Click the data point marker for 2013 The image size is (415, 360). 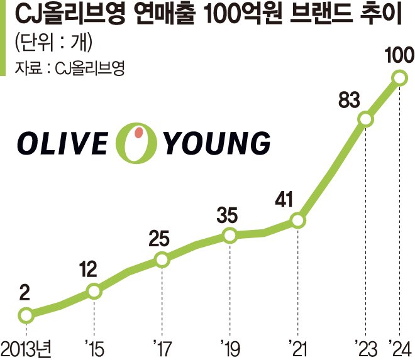pyautogui.click(x=26, y=315)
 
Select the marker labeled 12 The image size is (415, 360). pyautogui.click(x=94, y=291)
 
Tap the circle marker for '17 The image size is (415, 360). pyautogui.click(x=162, y=259)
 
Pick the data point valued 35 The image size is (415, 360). pyautogui.click(x=230, y=236)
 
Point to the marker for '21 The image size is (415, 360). pyautogui.click(x=298, y=221)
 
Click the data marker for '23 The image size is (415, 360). pyautogui.click(x=365, y=119)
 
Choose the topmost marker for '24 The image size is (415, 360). pyautogui.click(x=399, y=78)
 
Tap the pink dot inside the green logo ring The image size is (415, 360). pyautogui.click(x=140, y=134)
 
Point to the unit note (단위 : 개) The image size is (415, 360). pyautogui.click(x=53, y=43)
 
